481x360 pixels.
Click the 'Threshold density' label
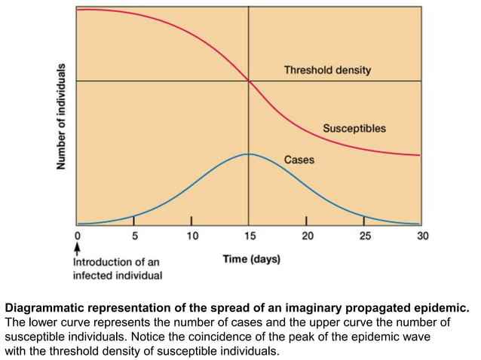(326, 70)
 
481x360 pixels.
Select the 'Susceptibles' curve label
(354, 128)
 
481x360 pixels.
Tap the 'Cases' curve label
(299, 160)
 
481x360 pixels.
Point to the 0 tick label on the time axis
(77, 236)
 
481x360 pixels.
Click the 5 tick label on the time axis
(134, 236)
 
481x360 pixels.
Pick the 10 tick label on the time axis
(191, 236)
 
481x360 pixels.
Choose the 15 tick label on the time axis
(249, 236)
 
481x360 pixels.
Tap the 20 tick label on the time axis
(306, 236)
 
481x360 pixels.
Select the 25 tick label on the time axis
(363, 236)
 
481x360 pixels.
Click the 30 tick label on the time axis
(421, 236)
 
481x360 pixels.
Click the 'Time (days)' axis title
(251, 259)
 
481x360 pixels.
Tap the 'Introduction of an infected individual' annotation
(117, 269)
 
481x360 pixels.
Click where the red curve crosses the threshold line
(249, 81)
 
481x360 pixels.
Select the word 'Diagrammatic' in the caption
(43, 308)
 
